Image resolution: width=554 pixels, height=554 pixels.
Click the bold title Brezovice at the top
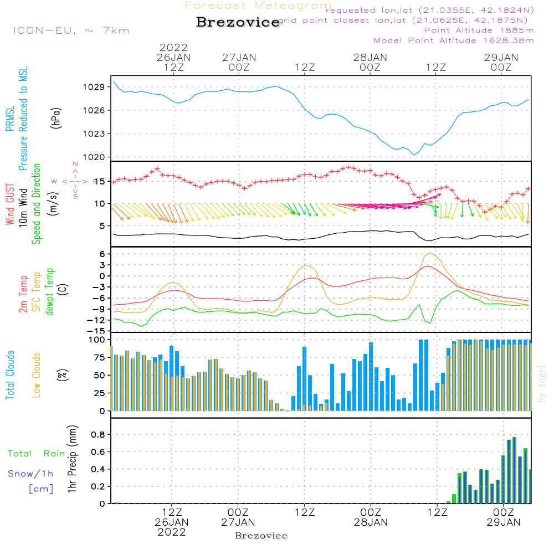[x=238, y=22]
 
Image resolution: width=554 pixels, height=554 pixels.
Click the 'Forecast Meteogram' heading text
[x=258, y=6]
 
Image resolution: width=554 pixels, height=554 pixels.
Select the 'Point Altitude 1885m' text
[x=479, y=30]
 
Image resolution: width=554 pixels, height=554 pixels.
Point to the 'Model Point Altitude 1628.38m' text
[x=453, y=40]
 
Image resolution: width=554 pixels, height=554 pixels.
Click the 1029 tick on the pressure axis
[x=95, y=87]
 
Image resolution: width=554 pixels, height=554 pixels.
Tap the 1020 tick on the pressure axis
[x=95, y=157]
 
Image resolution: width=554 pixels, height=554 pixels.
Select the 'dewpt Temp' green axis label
[x=50, y=292]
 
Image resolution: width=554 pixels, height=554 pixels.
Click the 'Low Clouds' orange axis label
[x=37, y=375]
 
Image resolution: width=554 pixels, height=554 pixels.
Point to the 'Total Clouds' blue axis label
[x=10, y=375]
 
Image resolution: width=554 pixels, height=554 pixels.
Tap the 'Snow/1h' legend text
[x=31, y=474]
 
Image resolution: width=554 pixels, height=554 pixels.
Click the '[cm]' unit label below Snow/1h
[x=40, y=489]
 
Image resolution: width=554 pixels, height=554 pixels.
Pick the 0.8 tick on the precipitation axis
[x=99, y=434]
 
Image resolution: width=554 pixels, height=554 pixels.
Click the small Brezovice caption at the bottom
[x=261, y=536]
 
